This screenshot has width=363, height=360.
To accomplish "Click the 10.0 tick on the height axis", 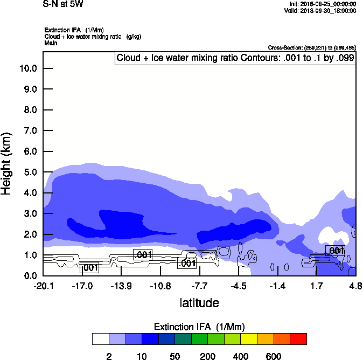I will (28, 68).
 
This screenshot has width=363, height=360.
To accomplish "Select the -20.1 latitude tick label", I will (43, 286).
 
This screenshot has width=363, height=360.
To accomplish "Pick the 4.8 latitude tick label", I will (355, 286).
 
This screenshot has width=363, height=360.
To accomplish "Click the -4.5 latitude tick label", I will (239, 286).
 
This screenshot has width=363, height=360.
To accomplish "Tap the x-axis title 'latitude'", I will (199, 303).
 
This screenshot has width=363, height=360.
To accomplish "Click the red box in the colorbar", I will (298, 339).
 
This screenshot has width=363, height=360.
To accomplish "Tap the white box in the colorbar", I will (100, 339).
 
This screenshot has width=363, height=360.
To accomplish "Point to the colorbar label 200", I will (207, 356).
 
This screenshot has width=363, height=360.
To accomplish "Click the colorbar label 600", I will (274, 356).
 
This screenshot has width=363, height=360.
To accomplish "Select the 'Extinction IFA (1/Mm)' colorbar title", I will (199, 327).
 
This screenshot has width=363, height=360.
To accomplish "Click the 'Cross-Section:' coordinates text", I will (311, 47).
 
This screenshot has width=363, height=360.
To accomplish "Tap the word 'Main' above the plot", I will (50, 42).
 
